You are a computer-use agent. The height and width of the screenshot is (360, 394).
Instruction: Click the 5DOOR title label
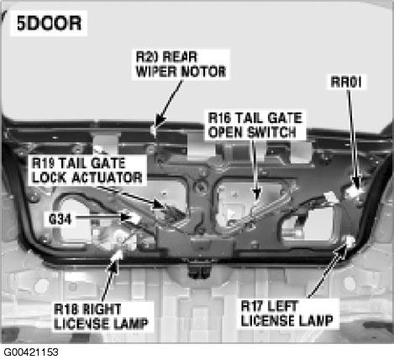coord(48,24)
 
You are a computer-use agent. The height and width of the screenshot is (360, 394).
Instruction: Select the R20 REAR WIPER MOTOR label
coord(181,64)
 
